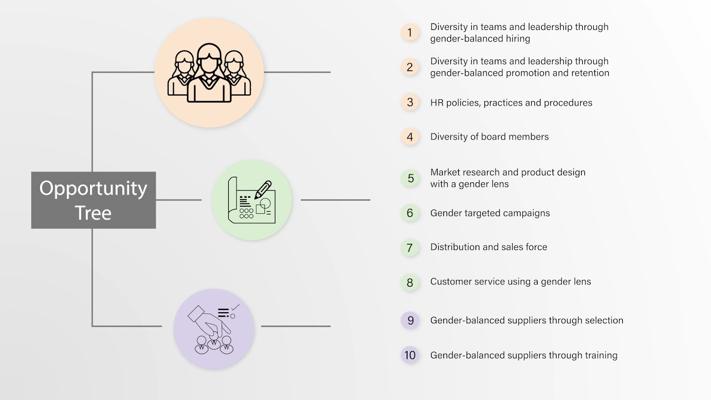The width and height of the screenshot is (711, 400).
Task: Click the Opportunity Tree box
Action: click(x=93, y=200)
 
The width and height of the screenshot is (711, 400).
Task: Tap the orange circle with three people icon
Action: click(x=209, y=73)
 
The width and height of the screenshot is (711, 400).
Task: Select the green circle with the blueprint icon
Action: click(x=252, y=200)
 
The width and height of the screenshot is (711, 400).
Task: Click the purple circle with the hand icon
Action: click(x=214, y=329)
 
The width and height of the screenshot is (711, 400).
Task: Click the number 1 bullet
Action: click(x=410, y=33)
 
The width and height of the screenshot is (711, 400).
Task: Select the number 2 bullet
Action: click(x=410, y=67)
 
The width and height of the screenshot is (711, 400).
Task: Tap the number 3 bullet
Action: click(x=410, y=103)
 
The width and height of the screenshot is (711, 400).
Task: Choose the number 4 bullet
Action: click(x=410, y=137)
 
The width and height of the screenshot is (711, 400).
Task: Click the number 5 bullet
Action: click(x=410, y=178)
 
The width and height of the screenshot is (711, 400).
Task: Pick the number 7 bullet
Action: click(x=410, y=247)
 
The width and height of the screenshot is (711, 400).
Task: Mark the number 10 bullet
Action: click(x=410, y=355)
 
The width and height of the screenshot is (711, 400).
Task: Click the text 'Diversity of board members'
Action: click(x=489, y=137)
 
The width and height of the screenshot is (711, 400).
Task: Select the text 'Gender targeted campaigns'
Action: click(x=490, y=213)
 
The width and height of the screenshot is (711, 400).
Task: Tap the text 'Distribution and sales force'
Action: click(x=488, y=247)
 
